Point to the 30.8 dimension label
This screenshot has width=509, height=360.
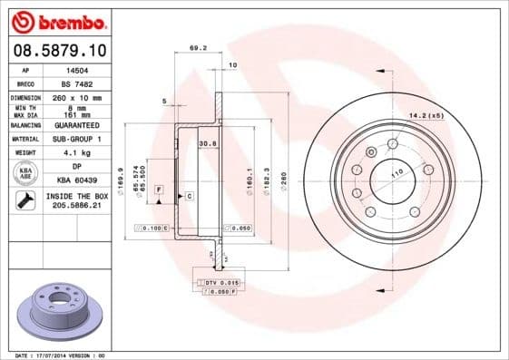206,142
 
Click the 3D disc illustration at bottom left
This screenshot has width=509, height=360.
62,309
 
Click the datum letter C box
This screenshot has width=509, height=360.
189,195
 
